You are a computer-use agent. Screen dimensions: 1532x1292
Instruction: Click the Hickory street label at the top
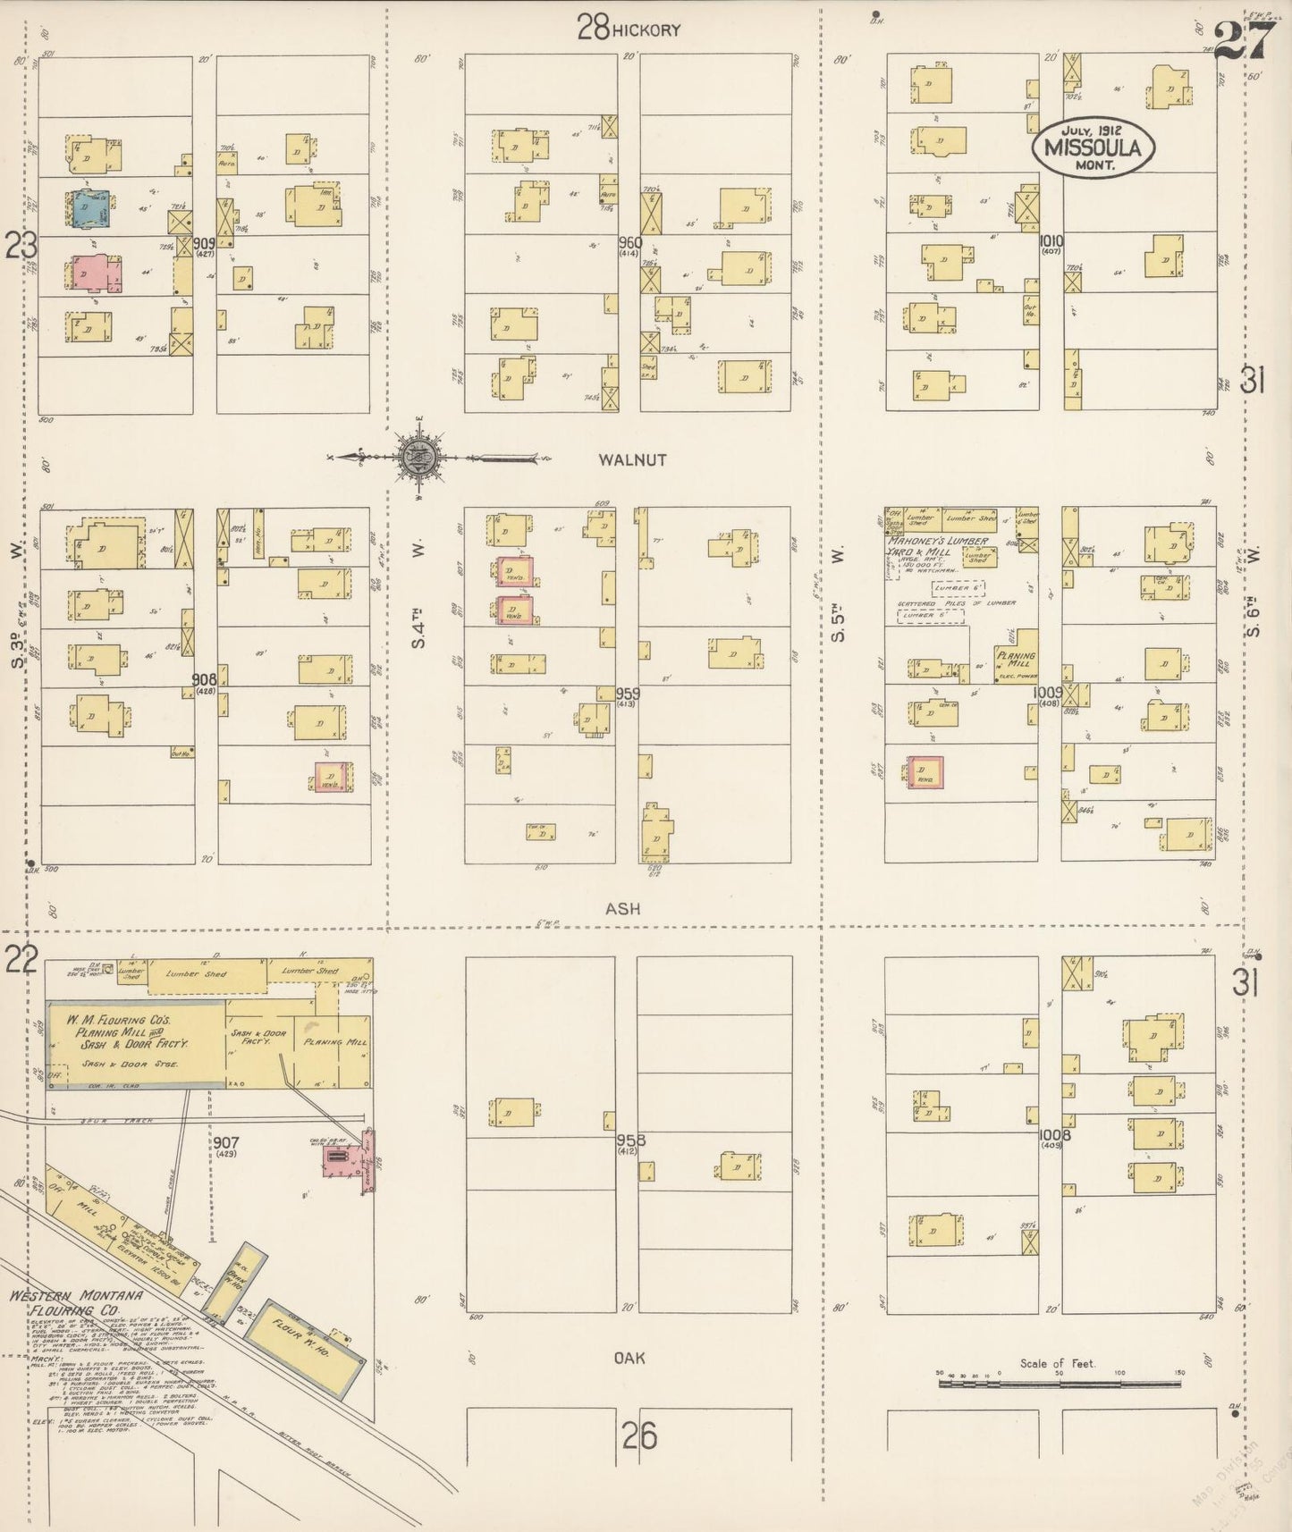[x=646, y=30]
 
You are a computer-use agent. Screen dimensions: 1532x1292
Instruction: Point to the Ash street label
[x=622, y=908]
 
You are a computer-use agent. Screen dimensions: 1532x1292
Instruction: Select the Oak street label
[x=629, y=1357]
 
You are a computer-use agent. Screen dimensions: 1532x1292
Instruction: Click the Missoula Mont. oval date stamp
[x=1093, y=146]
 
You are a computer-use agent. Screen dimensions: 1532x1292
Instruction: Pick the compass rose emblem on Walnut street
[x=418, y=458]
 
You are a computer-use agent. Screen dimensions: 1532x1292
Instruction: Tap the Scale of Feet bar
[x=1060, y=1383]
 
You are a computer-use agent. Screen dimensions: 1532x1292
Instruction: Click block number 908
[x=205, y=681]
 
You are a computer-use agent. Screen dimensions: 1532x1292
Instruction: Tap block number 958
[x=630, y=1141]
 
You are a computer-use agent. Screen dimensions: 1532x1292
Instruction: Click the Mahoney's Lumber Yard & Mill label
[x=937, y=546]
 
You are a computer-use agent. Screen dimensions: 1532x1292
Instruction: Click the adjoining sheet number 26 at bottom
[x=639, y=1436]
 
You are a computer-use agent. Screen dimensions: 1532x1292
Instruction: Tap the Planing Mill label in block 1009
[x=1016, y=661]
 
